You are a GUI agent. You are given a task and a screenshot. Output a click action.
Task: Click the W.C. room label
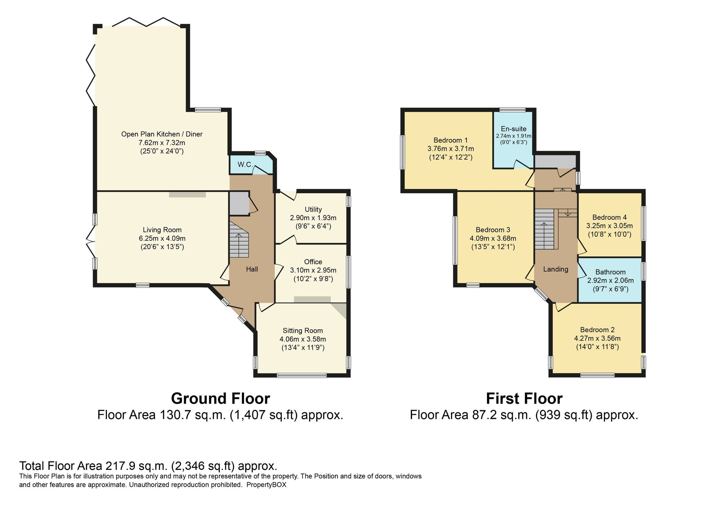(245, 164)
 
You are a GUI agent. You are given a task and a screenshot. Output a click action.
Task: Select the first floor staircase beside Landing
(545, 229)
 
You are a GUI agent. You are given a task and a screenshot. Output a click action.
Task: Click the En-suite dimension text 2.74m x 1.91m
(514, 136)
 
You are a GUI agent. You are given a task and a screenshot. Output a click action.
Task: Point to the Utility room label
(313, 209)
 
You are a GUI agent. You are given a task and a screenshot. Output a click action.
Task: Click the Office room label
(313, 262)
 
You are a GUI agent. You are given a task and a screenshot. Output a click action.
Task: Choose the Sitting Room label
(303, 330)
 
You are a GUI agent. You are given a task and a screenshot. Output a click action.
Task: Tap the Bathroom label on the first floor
(610, 272)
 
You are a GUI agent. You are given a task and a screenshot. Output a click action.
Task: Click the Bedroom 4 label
(610, 217)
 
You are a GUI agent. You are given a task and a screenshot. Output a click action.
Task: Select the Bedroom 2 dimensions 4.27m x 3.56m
(597, 338)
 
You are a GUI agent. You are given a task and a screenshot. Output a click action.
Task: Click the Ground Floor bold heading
(220, 398)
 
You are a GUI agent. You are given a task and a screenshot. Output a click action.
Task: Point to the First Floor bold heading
(524, 398)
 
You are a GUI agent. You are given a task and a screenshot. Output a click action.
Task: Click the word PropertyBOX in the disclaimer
(266, 485)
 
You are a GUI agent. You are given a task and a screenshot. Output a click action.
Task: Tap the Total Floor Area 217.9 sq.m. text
(148, 466)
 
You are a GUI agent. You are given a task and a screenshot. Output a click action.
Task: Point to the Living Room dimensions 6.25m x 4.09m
(162, 239)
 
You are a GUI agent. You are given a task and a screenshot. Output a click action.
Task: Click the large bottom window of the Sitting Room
(301, 375)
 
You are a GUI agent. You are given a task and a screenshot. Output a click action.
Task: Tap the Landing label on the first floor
(556, 269)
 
